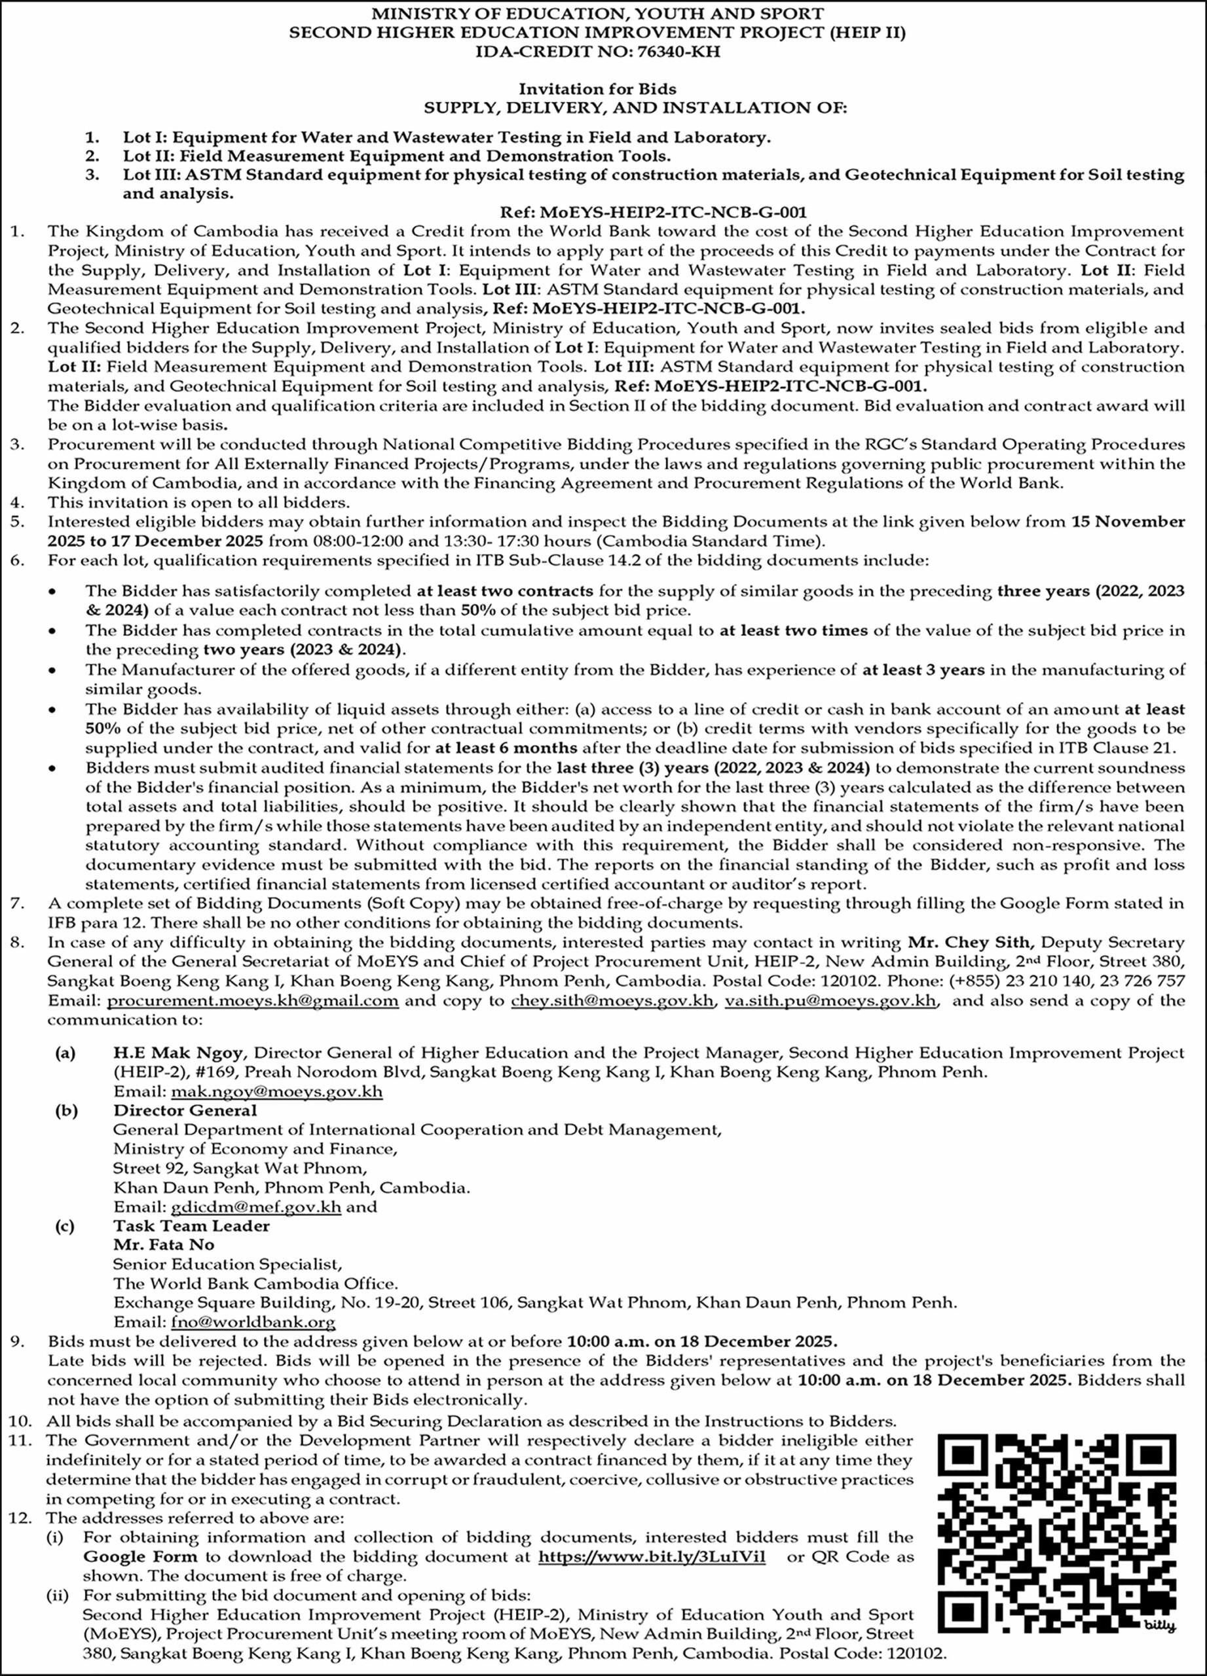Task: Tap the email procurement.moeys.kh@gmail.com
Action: tap(253, 1001)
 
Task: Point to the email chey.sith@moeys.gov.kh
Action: tap(614, 1001)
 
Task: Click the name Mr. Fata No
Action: tap(153, 1245)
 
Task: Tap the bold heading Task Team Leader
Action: tap(191, 1226)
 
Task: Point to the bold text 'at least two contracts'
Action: tap(505, 591)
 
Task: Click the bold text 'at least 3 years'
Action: tap(923, 670)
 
